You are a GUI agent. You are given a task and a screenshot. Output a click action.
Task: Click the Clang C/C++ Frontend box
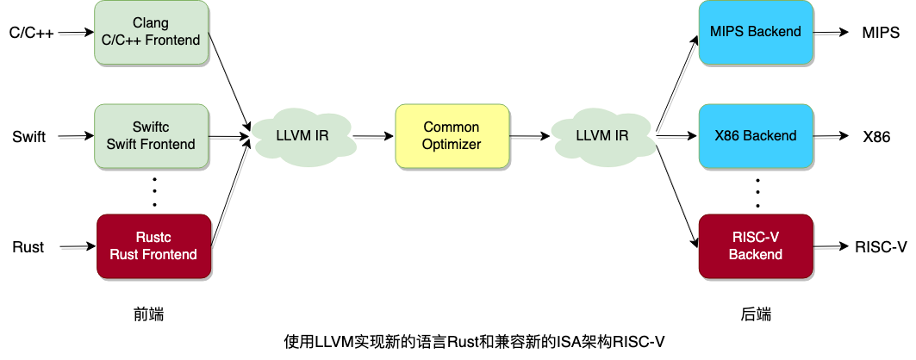click(x=151, y=32)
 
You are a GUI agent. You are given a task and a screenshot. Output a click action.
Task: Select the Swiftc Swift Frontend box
click(x=151, y=135)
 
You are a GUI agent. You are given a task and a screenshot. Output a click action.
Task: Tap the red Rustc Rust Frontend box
click(x=153, y=245)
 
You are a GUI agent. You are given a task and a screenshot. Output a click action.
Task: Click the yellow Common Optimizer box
click(x=452, y=135)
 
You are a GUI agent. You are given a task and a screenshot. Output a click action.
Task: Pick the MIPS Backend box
click(x=755, y=32)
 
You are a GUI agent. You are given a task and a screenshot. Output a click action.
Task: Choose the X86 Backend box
click(x=755, y=135)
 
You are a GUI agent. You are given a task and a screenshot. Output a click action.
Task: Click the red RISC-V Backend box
click(x=755, y=246)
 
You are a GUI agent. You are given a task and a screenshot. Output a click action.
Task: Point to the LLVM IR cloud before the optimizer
click(x=301, y=135)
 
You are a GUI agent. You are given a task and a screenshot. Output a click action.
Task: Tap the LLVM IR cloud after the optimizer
click(x=601, y=135)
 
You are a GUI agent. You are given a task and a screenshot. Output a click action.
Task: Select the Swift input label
click(x=29, y=136)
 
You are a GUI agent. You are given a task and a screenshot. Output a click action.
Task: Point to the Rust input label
click(x=28, y=247)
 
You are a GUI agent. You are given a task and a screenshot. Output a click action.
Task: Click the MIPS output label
click(x=880, y=34)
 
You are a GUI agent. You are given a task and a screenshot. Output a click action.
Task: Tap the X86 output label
click(x=876, y=137)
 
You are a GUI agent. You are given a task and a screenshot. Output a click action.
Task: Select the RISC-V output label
click(x=881, y=247)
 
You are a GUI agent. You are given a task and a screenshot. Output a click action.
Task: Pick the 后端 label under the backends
click(x=755, y=315)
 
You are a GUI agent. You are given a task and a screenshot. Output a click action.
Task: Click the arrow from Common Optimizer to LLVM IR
click(x=530, y=135)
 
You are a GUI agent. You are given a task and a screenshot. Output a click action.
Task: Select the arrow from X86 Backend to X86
click(x=833, y=136)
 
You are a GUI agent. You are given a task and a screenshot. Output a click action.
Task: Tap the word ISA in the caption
click(x=567, y=341)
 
